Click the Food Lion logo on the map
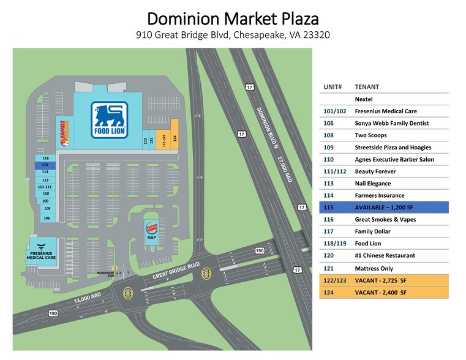coord(110,120)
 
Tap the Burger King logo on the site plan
coord(151,228)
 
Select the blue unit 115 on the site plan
coord(45,165)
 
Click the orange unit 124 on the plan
coord(175,138)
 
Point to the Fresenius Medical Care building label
coord(42,255)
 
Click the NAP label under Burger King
coord(151,238)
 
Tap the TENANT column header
coord(367,87)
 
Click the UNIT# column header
coord(333,87)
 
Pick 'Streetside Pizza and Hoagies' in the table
coord(393,148)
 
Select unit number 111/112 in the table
coord(334,171)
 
